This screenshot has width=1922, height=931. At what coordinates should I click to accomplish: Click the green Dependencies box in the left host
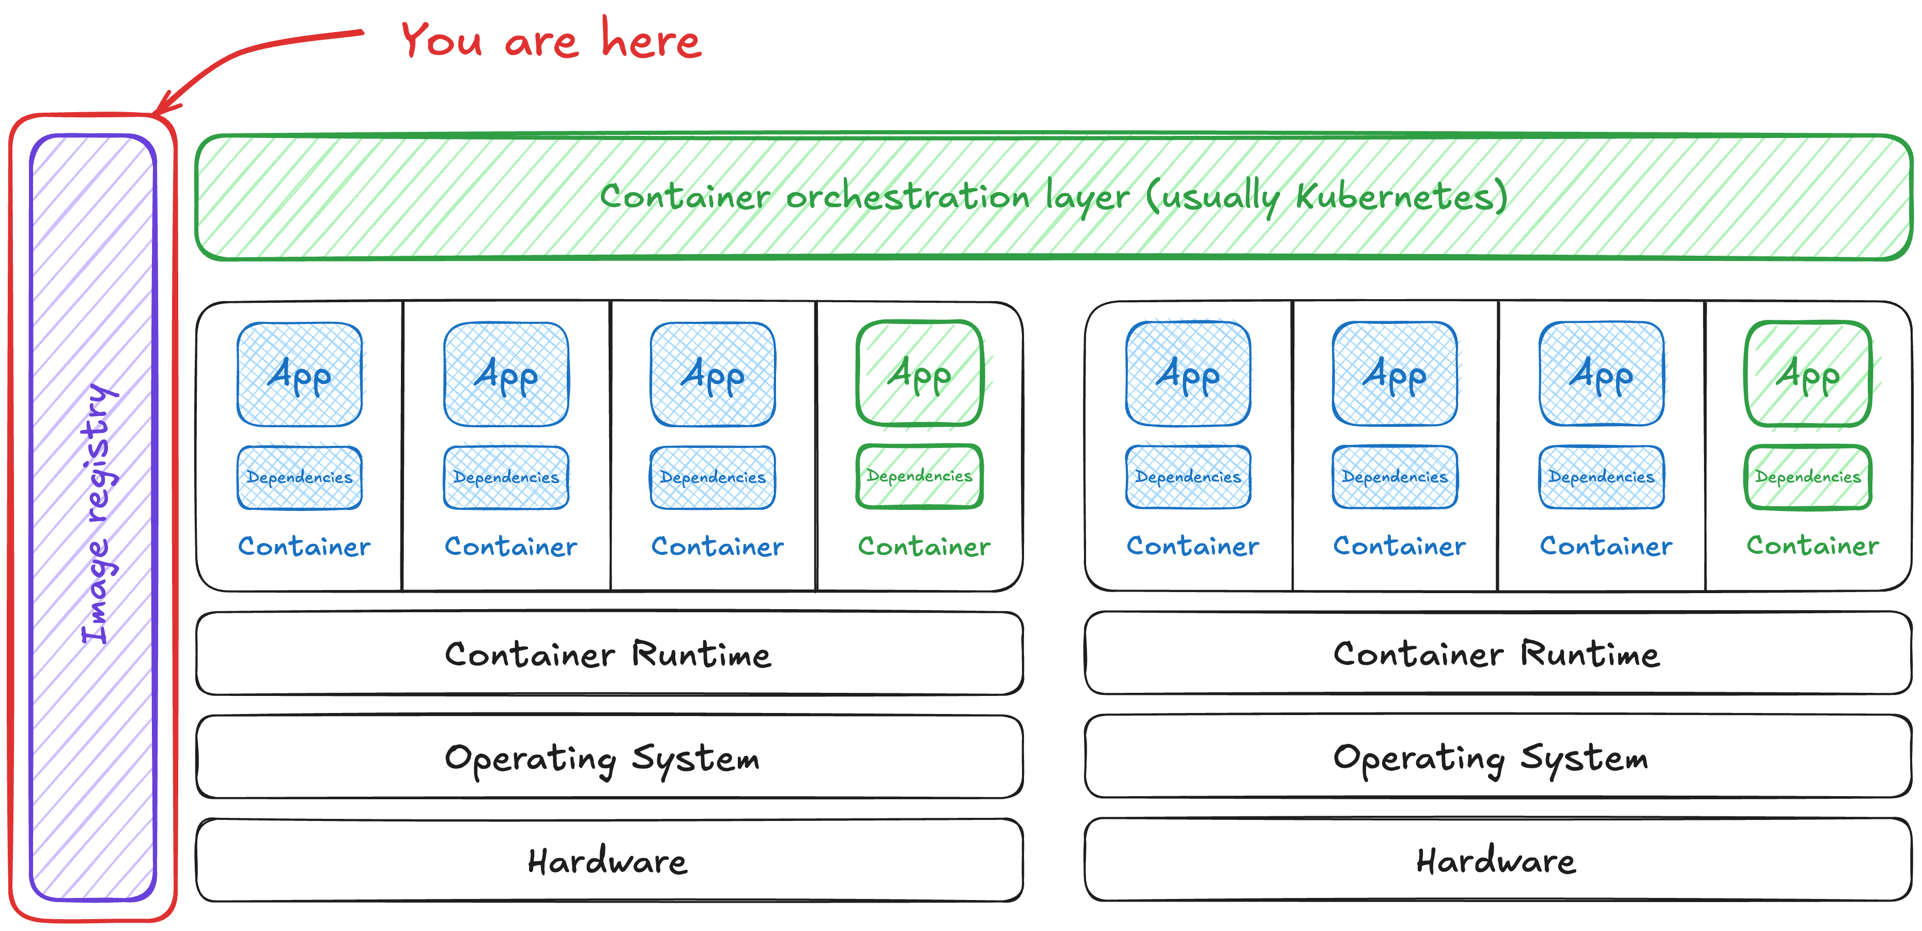(919, 476)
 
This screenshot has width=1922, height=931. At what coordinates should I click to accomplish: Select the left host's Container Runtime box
(609, 654)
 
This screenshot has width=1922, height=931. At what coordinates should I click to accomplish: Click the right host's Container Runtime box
(1497, 654)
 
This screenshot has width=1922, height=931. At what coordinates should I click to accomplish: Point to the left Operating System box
(609, 757)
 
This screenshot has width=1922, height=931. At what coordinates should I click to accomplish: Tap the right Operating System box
(1497, 757)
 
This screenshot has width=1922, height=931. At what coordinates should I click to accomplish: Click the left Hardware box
(609, 860)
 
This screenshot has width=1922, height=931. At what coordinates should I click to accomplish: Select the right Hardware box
(1497, 860)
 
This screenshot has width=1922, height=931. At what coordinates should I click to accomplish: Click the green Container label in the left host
(924, 546)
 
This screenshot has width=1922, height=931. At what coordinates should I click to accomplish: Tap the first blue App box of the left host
(299, 375)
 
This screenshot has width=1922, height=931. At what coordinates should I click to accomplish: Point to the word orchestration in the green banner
(907, 197)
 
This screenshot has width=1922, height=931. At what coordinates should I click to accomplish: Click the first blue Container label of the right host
(1192, 546)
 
